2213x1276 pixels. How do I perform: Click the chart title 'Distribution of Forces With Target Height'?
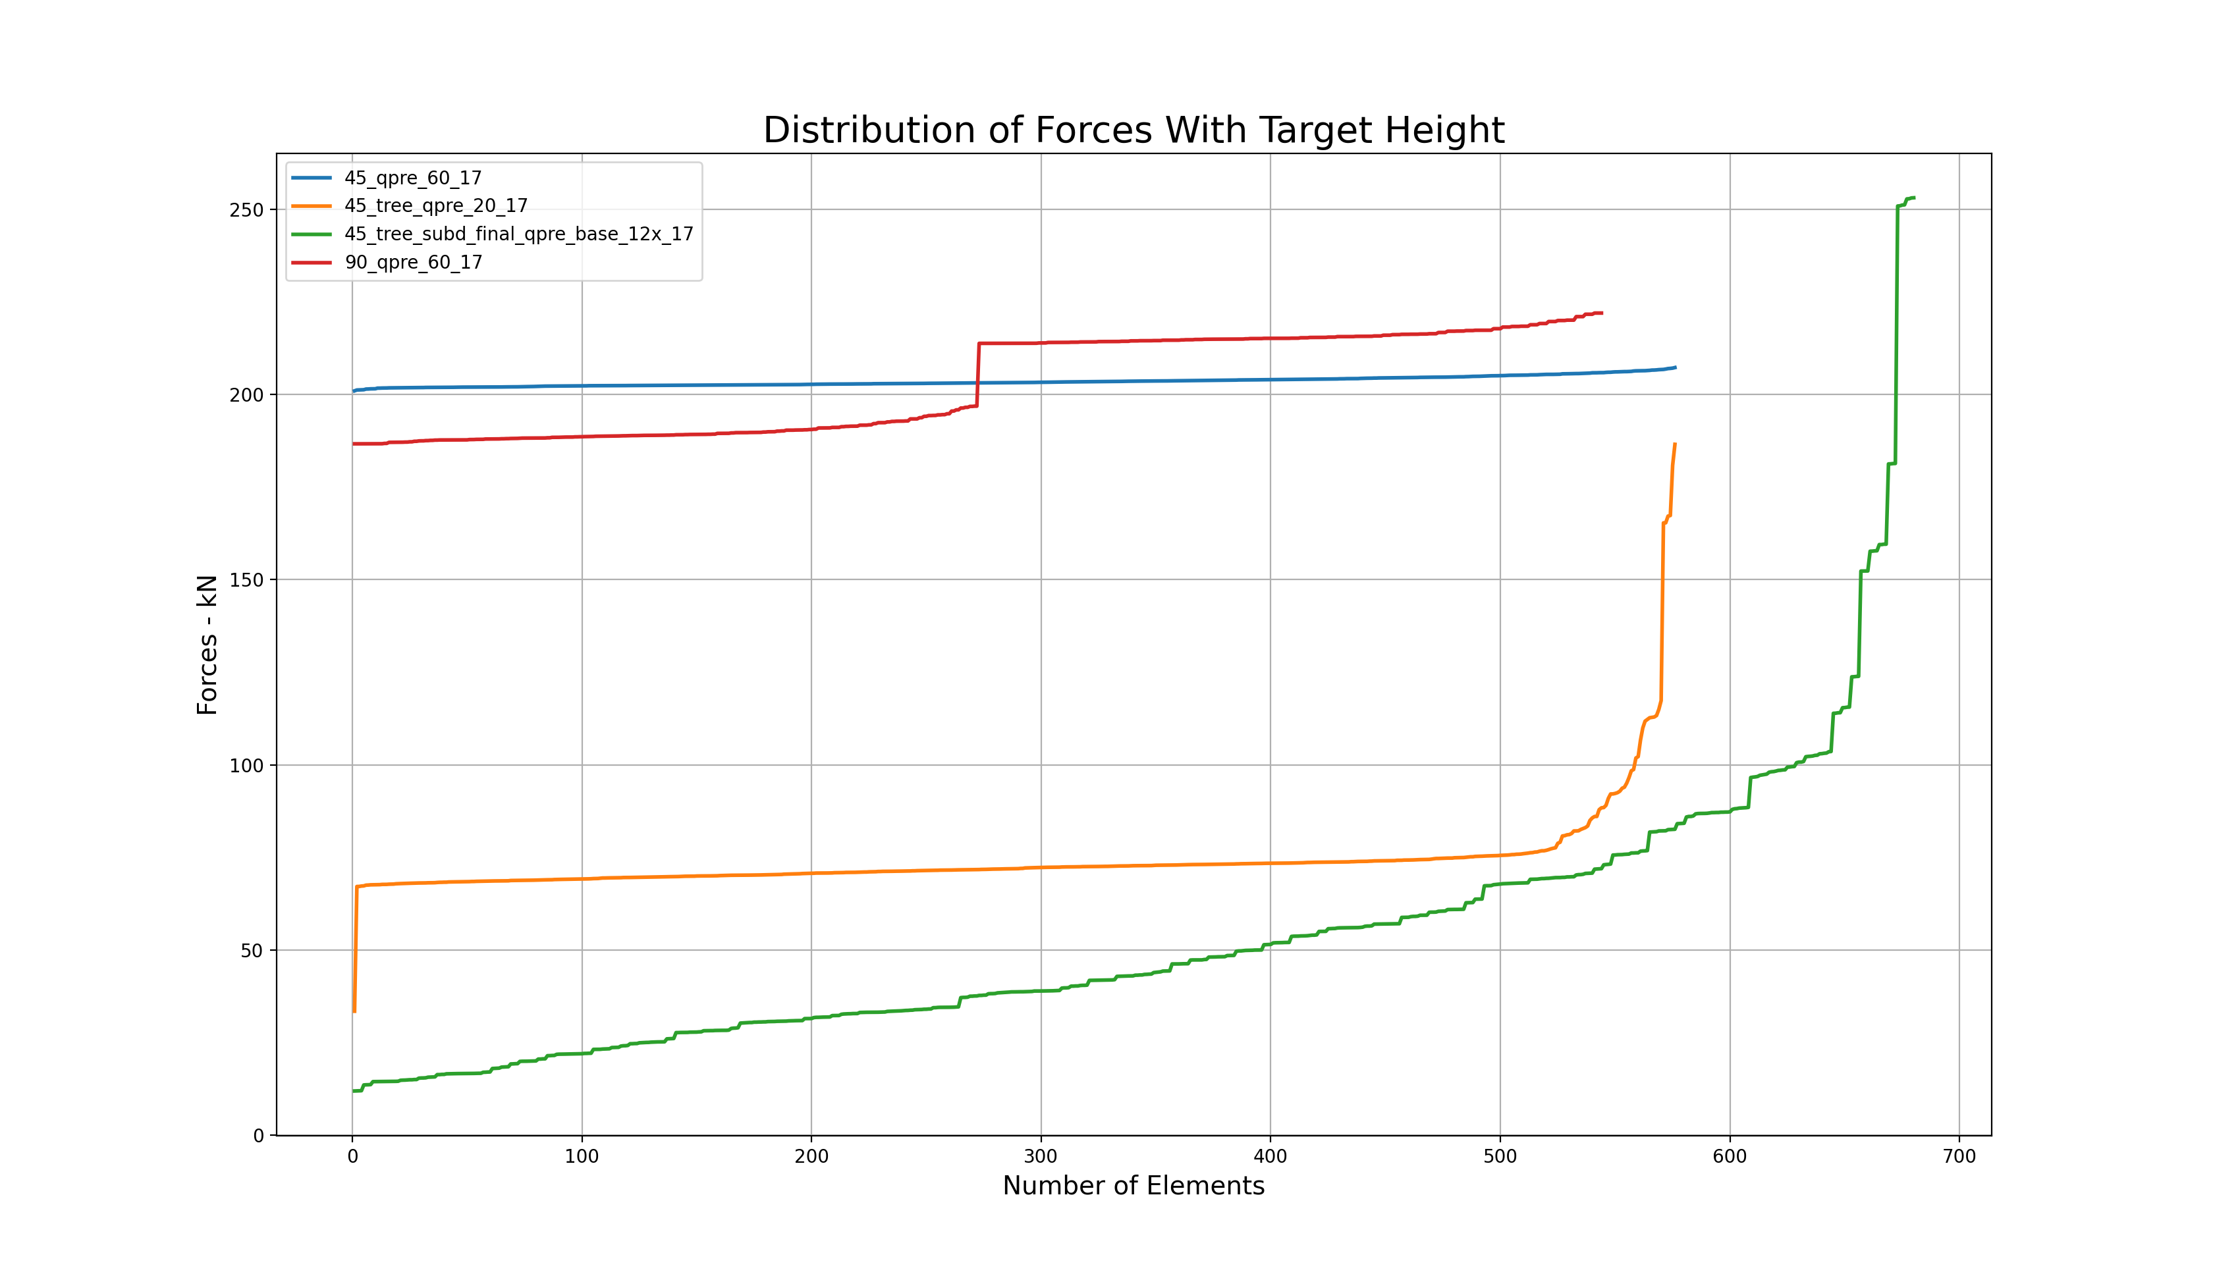1134,130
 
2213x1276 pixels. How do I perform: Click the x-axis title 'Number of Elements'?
1134,1186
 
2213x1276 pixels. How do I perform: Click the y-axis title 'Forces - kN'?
207,645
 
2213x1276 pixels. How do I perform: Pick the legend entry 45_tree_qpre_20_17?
435,206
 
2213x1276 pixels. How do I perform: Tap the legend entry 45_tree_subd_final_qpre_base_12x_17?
518,234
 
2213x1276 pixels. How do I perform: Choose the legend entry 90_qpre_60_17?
413,262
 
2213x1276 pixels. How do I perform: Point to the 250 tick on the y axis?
246,209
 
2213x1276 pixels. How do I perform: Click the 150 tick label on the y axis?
246,580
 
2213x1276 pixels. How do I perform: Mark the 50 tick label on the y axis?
252,951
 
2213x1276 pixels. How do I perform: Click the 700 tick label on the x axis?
1959,1157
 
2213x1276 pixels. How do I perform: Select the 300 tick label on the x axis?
1041,1157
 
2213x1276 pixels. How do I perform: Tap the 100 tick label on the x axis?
582,1157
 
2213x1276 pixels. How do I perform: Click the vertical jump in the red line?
978,375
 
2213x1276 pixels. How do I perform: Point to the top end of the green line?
1914,198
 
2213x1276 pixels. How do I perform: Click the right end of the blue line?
1675,367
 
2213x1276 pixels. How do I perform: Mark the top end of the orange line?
1674,444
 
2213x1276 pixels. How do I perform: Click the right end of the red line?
1601,313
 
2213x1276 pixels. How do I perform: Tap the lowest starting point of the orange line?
354,1011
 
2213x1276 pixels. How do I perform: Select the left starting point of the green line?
354,1091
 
